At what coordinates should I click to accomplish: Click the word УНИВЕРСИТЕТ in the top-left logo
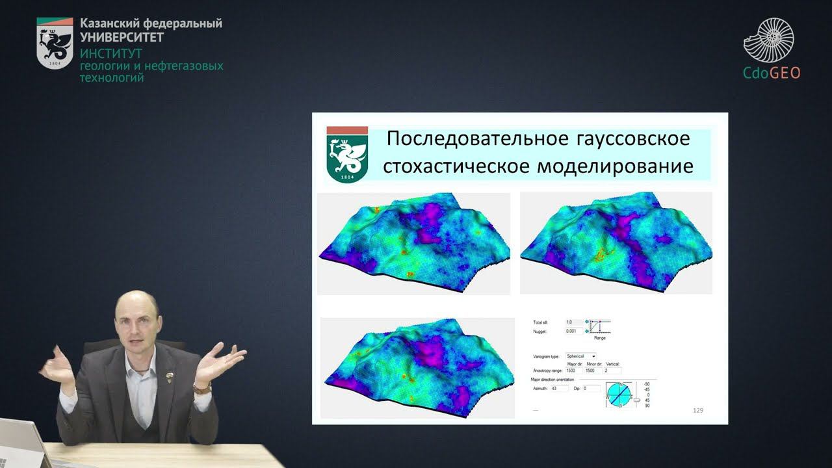122,37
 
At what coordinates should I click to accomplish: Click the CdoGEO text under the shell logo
772,73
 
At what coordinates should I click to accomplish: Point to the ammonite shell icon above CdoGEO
770,40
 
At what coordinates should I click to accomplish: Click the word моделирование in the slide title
615,166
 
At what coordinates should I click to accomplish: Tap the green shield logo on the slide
347,155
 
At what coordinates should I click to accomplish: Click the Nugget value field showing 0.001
573,331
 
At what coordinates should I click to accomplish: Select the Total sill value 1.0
573,322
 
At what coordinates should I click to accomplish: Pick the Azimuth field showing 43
558,388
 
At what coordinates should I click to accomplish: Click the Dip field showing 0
592,388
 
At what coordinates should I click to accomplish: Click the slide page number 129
698,410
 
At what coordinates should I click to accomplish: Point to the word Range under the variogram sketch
601,338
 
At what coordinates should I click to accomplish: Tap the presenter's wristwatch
203,388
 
